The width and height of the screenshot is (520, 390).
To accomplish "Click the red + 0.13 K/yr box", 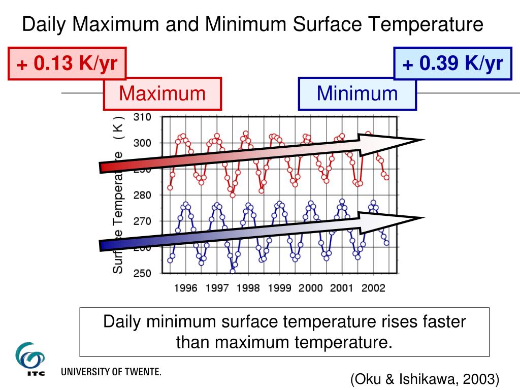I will click(x=67, y=63).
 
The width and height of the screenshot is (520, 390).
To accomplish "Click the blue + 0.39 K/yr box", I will click(x=453, y=63).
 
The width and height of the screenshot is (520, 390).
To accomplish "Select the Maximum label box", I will click(x=162, y=94).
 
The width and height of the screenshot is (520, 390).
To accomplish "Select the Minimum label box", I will click(x=357, y=94).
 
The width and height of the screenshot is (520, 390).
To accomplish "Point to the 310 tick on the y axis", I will click(x=142, y=117).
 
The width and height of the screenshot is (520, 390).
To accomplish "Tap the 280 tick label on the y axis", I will click(x=142, y=195).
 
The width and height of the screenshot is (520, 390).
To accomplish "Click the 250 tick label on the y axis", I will click(x=142, y=274).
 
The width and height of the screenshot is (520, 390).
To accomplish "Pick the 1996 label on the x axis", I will click(x=186, y=288).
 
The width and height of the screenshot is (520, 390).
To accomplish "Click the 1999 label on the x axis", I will click(x=279, y=288).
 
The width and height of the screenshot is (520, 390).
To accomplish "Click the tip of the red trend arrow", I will click(x=422, y=140).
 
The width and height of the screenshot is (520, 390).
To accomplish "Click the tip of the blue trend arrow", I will click(x=422, y=219).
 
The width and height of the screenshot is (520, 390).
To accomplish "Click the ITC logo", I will click(x=30, y=359).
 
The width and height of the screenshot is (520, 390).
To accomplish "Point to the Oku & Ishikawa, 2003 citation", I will click(x=425, y=379).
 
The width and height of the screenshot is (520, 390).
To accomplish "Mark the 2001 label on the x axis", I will click(x=342, y=288).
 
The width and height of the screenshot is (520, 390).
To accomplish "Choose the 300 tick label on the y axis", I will click(x=142, y=143).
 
